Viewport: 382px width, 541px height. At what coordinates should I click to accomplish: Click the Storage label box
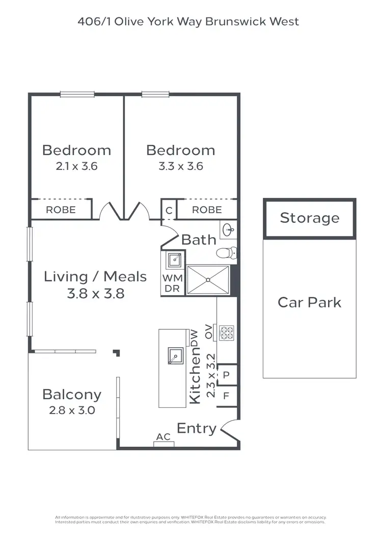(309, 218)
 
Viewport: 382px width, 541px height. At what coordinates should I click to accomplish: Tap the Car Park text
(309, 302)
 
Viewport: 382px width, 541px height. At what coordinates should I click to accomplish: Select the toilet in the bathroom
(227, 252)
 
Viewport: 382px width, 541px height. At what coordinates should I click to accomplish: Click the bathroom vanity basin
(229, 229)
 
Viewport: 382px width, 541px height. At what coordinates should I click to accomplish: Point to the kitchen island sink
(176, 355)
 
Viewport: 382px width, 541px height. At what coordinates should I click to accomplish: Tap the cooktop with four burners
(226, 332)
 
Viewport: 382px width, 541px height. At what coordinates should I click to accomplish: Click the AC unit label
(163, 437)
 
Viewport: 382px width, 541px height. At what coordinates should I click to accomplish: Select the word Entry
(197, 429)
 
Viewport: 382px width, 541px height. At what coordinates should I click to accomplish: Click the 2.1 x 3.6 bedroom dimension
(76, 166)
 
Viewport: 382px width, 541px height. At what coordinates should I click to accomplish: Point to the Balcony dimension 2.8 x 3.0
(72, 410)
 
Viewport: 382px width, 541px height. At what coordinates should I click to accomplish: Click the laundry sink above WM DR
(174, 260)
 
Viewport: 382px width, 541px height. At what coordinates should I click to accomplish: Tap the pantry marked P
(227, 374)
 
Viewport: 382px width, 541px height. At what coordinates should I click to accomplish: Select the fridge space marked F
(227, 395)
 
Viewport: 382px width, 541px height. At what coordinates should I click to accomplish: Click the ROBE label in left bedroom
(61, 210)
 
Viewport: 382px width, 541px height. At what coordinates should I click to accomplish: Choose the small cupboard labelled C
(169, 210)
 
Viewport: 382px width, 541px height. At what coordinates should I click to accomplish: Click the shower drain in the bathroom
(208, 279)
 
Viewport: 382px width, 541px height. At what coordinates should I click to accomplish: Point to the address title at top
(188, 21)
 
